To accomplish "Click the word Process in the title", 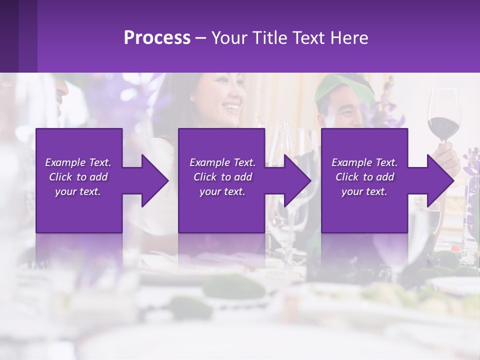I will [157, 38].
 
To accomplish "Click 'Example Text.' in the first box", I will [78, 162].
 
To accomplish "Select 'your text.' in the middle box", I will [222, 191].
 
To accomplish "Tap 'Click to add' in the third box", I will [364, 177].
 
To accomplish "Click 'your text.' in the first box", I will [78, 191].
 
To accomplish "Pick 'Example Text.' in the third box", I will [364, 162].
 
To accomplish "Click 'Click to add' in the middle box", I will [222, 177].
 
